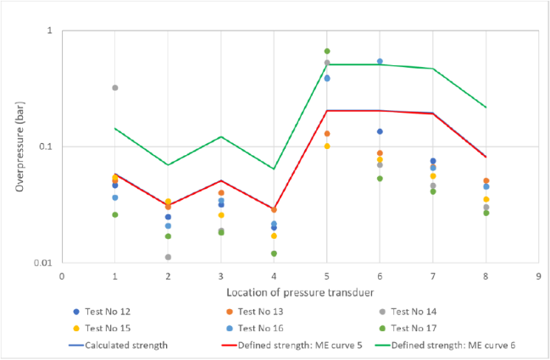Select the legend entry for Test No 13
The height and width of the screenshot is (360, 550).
pyautogui.click(x=268, y=312)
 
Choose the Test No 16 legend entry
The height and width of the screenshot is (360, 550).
pyautogui.click(x=268, y=327)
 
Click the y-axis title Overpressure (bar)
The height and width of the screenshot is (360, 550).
pyautogui.click(x=19, y=147)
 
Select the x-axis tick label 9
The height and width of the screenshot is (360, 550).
pyautogui.click(x=539, y=275)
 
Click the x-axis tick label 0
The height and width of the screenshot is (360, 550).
pyautogui.click(x=62, y=275)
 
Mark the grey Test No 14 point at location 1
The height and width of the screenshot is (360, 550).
pyautogui.click(x=115, y=88)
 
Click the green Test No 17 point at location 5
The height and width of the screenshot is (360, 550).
pyautogui.click(x=327, y=52)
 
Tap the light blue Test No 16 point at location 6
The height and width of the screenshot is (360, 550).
pyautogui.click(x=380, y=62)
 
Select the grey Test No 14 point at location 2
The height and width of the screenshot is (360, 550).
pyautogui.click(x=168, y=257)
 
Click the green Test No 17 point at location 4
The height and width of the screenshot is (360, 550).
pyautogui.click(x=274, y=253)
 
